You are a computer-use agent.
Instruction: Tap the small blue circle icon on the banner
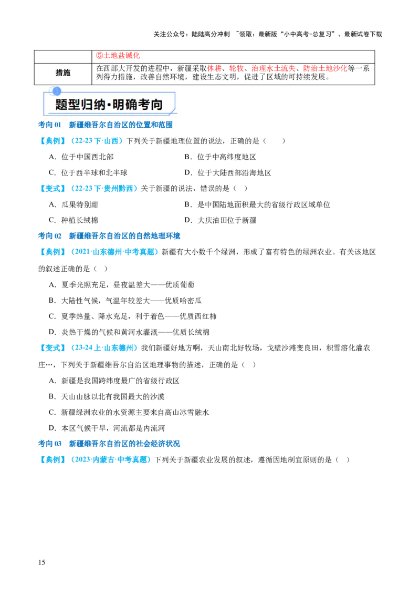[57, 91]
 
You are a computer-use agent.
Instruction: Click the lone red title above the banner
[118, 55]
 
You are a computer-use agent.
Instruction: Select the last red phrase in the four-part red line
[325, 68]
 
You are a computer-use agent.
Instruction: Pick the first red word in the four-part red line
[214, 68]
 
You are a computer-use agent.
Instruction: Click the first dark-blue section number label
[50, 126]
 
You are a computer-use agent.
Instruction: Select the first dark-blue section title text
[121, 126]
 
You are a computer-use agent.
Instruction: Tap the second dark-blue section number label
[50, 235]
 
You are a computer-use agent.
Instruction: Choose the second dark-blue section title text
[124, 235]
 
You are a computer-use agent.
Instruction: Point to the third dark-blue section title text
[124, 443]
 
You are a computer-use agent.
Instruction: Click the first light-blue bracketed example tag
[52, 141]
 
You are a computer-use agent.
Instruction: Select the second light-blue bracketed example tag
[52, 188]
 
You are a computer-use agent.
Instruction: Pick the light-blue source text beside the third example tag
[115, 252]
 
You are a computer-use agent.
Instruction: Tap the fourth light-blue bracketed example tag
[52, 347]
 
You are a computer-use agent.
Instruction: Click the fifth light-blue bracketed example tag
[52, 460]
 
